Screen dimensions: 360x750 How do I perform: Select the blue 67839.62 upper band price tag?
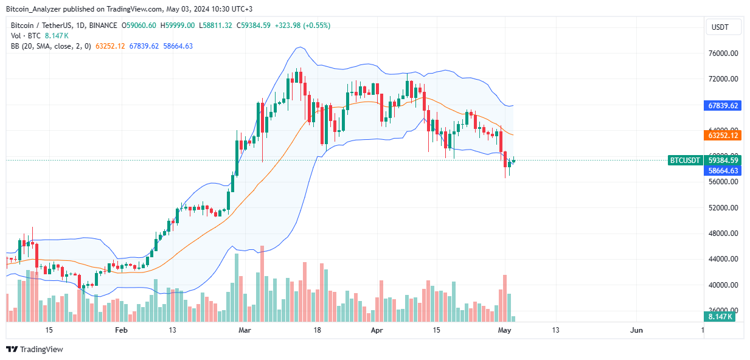(723, 105)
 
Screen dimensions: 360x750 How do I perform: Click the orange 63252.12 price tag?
(723, 135)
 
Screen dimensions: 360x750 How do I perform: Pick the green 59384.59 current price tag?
(723, 161)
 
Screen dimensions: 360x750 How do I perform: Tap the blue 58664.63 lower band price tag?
(723, 171)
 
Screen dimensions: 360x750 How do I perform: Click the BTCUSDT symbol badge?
(686, 161)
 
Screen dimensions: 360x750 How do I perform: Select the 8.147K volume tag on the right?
(721, 317)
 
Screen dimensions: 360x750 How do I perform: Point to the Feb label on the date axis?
(121, 330)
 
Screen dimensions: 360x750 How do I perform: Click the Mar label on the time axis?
(245, 330)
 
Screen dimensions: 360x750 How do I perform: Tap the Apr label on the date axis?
(377, 330)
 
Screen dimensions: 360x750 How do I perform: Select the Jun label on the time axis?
(636, 330)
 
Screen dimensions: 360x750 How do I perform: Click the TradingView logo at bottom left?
(35, 349)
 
